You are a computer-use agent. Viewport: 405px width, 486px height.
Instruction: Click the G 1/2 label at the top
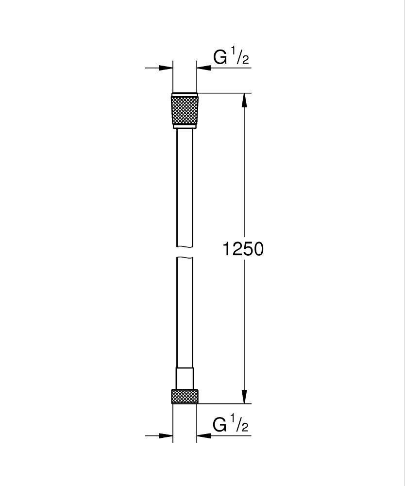[x=231, y=58]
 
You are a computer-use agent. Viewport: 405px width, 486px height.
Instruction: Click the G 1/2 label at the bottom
[x=231, y=425]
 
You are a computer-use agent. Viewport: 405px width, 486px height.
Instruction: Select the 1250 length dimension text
[x=243, y=249]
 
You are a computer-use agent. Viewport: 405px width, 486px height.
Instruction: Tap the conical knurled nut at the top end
[x=185, y=110]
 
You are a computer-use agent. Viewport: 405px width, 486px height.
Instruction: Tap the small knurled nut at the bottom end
[x=185, y=396]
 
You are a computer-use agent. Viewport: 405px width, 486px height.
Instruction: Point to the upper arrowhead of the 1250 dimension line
[x=244, y=100]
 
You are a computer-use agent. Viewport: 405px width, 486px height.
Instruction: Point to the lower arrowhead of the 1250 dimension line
[x=244, y=396]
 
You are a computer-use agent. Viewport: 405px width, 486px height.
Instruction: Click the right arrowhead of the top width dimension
[x=203, y=68]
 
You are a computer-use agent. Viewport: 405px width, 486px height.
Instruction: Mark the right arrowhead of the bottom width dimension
[x=203, y=435]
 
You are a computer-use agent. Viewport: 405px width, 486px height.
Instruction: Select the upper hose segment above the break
[x=185, y=185]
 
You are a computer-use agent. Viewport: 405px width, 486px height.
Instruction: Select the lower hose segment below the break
[x=185, y=311]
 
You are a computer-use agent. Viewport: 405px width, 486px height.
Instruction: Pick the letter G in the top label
[x=220, y=58]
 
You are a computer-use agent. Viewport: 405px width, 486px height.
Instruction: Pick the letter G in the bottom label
[x=220, y=425]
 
